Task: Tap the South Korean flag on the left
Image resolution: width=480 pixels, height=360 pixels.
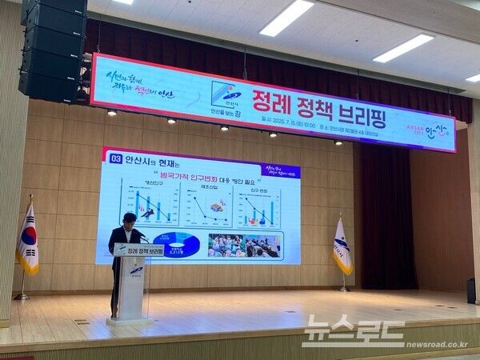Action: click(28, 239)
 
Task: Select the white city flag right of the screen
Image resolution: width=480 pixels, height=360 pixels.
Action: click(342, 247)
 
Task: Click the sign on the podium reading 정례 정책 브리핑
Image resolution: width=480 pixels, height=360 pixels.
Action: click(138, 251)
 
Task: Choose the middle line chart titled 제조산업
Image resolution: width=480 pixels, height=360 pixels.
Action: click(206, 204)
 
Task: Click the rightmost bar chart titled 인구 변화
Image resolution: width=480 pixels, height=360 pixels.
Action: click(260, 206)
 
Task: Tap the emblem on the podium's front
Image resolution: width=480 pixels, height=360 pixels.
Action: click(137, 270)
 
